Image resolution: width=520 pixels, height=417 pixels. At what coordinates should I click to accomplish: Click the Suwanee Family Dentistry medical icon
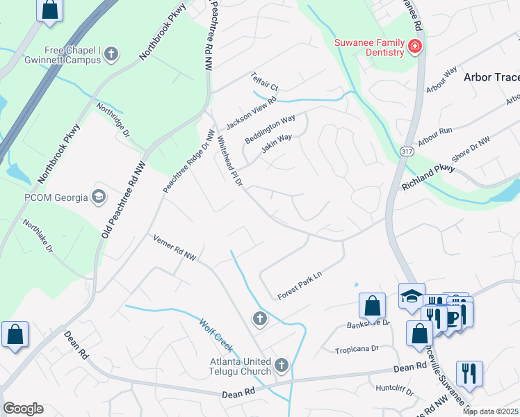415,47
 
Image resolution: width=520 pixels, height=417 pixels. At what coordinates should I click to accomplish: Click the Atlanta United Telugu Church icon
281,364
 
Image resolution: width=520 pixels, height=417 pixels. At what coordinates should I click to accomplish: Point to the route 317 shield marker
407,150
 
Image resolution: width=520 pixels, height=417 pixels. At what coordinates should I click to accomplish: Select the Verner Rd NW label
175,249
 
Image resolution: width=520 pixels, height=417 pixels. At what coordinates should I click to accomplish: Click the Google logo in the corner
23,409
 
